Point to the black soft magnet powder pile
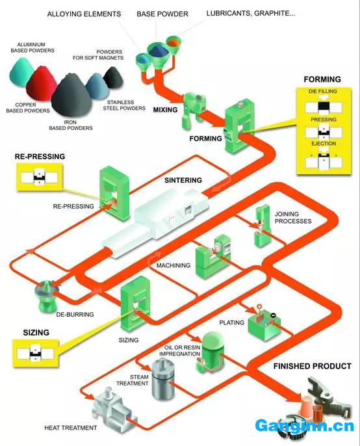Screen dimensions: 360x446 pos(114,77)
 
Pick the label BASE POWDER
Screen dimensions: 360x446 pos(162,14)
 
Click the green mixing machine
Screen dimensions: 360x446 pos(192,109)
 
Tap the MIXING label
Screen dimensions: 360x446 pos(165,110)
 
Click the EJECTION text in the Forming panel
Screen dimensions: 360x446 pos(324,144)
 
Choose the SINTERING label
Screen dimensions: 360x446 pos(183,180)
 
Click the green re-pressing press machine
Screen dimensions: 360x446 pos(114,194)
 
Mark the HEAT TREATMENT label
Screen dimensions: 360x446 pos(71,428)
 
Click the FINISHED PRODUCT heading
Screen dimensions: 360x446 pos(312,366)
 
